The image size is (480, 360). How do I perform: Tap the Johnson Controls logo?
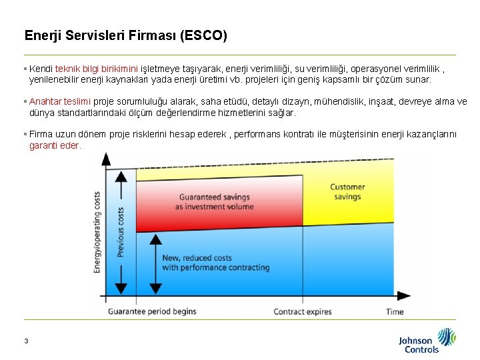[427, 340]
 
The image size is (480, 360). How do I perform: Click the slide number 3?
[26, 341]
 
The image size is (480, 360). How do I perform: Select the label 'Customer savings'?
[347, 192]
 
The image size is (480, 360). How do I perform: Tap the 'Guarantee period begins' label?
[152, 311]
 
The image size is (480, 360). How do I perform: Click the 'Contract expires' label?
[303, 311]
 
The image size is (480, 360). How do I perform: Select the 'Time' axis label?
[395, 311]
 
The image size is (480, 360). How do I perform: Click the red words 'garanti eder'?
[55, 145]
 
